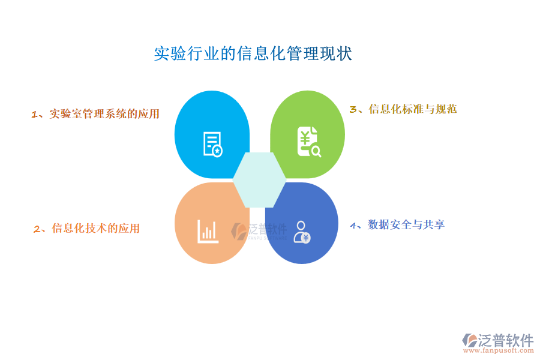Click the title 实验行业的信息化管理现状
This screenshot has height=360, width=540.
(x=253, y=53)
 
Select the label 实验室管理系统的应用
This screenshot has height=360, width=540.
(x=104, y=113)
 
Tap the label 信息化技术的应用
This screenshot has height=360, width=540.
(x=96, y=228)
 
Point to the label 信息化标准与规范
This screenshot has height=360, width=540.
(x=413, y=109)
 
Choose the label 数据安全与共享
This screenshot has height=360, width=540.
(x=406, y=224)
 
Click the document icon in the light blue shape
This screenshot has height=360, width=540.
(x=213, y=145)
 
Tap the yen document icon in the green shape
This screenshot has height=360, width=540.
(x=309, y=142)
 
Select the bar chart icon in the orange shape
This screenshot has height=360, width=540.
(x=208, y=231)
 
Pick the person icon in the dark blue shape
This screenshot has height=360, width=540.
(x=302, y=232)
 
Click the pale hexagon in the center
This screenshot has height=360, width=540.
(x=259, y=180)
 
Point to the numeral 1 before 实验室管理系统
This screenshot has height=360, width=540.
(x=34, y=115)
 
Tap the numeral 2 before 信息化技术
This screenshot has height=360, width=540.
(x=37, y=229)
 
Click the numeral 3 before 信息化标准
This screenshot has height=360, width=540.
(x=353, y=110)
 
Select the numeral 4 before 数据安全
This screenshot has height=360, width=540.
(x=353, y=226)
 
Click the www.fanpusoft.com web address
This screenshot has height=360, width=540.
(x=499, y=350)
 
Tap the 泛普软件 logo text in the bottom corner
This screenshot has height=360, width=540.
(x=506, y=340)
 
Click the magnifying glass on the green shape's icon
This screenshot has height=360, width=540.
(x=316, y=151)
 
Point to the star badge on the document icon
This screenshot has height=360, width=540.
(x=217, y=151)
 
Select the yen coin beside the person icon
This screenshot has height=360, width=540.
(x=306, y=238)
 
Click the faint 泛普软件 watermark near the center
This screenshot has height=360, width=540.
(x=259, y=231)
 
